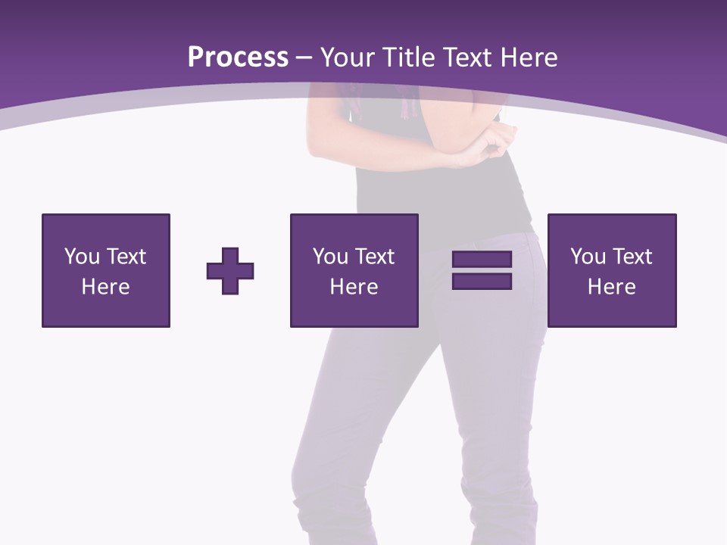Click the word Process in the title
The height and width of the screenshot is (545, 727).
tap(238, 58)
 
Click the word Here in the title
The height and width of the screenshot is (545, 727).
tap(531, 58)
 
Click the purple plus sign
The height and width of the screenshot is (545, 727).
tap(230, 270)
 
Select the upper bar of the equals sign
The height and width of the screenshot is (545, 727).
tap(482, 260)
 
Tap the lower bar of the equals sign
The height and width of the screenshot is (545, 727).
tap(482, 281)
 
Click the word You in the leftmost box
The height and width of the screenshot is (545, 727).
tap(82, 257)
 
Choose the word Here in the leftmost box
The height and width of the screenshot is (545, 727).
tap(105, 287)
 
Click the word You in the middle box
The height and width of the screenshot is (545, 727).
tap(330, 257)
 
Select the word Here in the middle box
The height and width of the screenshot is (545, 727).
tap(354, 287)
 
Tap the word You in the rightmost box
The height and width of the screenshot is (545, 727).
tap(588, 257)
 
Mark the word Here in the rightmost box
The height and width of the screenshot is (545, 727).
tap(611, 287)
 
